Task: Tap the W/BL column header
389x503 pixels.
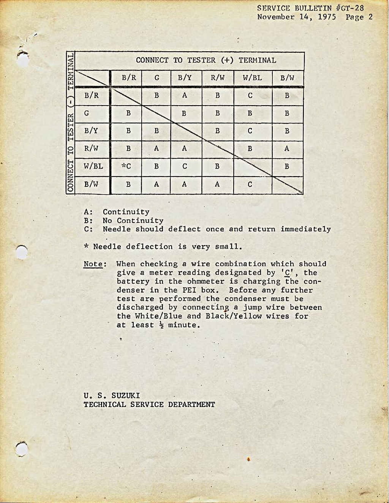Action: (x=252, y=78)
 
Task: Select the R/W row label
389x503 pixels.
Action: (x=91, y=148)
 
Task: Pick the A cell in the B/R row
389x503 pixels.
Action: (x=184, y=96)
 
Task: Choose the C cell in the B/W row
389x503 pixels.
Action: (x=250, y=184)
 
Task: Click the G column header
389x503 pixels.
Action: (x=157, y=78)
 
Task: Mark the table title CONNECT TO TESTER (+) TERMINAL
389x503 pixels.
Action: (x=206, y=60)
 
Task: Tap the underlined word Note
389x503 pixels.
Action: (x=93, y=264)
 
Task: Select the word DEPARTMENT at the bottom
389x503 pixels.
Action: (x=191, y=405)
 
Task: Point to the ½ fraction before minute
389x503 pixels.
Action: (x=162, y=325)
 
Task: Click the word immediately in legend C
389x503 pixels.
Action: (x=305, y=229)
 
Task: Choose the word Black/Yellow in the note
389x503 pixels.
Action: (x=234, y=316)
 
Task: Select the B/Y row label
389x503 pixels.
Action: (x=91, y=131)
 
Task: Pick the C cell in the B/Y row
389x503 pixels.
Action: (x=250, y=131)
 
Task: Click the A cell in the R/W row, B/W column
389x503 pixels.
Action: (x=287, y=148)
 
